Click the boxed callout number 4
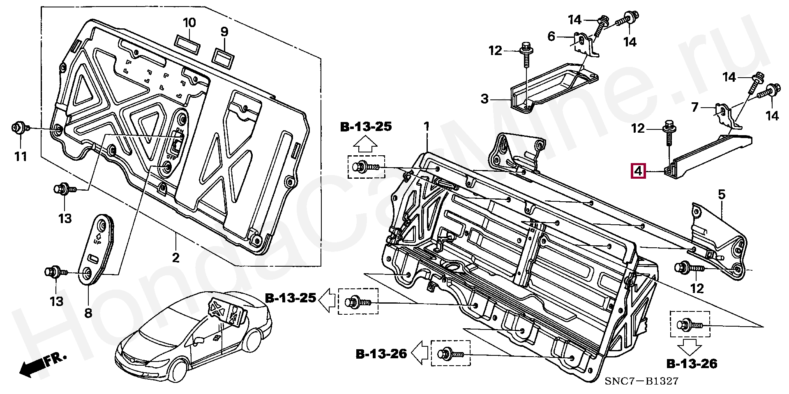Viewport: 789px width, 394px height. click(x=638, y=171)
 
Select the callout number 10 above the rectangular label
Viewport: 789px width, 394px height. click(x=189, y=23)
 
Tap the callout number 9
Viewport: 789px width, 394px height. click(x=224, y=32)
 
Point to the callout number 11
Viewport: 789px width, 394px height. click(x=21, y=156)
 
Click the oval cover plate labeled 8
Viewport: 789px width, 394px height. click(x=96, y=249)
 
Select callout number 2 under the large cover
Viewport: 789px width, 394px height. click(x=176, y=258)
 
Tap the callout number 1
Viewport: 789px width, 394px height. click(x=427, y=126)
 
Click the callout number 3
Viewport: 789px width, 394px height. click(x=485, y=99)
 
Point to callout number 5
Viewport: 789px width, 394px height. click(x=722, y=194)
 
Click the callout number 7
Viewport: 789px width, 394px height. click(x=695, y=108)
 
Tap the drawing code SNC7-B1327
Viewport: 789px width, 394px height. click(x=641, y=381)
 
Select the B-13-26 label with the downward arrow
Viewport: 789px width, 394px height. click(x=692, y=363)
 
